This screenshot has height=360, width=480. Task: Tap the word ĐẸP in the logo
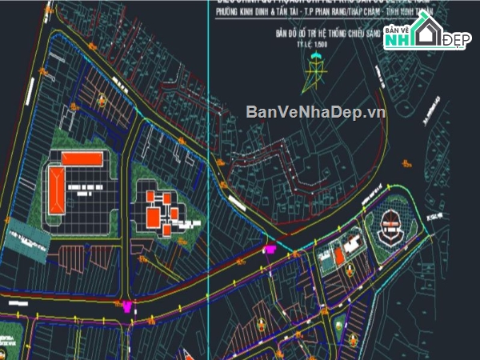pos(456,40)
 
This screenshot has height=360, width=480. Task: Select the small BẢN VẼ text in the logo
pos(398,30)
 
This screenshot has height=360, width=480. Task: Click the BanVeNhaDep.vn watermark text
pos(315,112)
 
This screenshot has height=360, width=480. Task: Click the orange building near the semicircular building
pos(340,255)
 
